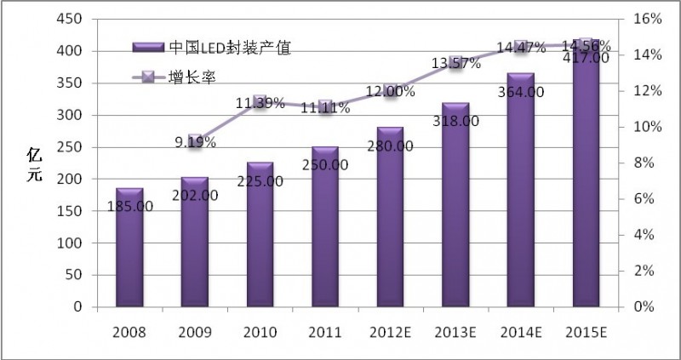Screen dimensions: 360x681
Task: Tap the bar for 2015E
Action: pyautogui.click(x=587, y=187)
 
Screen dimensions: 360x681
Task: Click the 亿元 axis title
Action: pyautogui.click(x=35, y=162)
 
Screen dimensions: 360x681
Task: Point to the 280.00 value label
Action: pyautogui.click(x=390, y=146)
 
